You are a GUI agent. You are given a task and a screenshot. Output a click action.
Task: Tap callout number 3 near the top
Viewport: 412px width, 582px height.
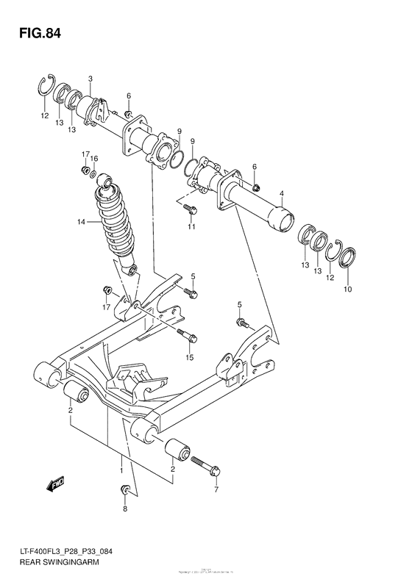click(90, 79)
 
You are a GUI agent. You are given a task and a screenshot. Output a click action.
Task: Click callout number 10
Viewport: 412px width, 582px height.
click(348, 289)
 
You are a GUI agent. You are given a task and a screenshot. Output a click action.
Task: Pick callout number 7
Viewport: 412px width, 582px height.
click(216, 489)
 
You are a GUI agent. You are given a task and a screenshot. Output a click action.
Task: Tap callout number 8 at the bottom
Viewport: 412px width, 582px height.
click(125, 509)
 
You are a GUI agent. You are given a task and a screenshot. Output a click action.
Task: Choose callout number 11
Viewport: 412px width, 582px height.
click(191, 227)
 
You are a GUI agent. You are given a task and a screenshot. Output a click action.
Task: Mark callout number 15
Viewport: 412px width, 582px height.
click(189, 357)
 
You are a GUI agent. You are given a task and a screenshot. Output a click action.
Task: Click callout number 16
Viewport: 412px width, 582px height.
click(94, 158)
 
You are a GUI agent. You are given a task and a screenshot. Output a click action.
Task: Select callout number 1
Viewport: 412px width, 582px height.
click(121, 467)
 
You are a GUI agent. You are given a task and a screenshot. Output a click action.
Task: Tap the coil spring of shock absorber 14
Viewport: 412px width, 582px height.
click(116, 220)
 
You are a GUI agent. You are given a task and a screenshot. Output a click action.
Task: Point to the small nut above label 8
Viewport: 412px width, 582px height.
click(125, 490)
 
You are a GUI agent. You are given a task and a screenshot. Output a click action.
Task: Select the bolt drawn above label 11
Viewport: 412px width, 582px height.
click(189, 209)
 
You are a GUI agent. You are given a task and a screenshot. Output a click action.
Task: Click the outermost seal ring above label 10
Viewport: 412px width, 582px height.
click(347, 258)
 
